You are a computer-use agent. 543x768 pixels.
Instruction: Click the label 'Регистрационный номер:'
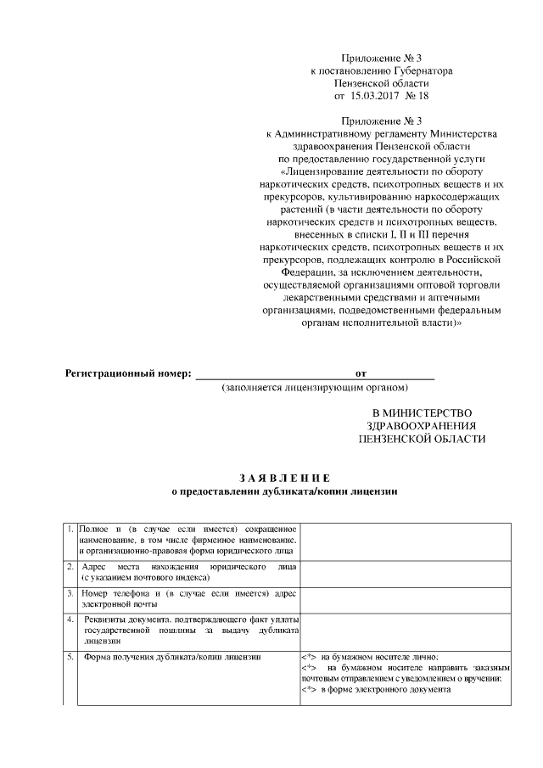129,373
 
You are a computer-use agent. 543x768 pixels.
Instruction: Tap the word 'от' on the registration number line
361,373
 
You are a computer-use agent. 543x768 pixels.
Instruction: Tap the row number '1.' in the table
70,530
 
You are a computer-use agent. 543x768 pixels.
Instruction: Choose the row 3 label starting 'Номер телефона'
188,598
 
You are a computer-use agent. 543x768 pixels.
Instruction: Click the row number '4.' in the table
70,619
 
